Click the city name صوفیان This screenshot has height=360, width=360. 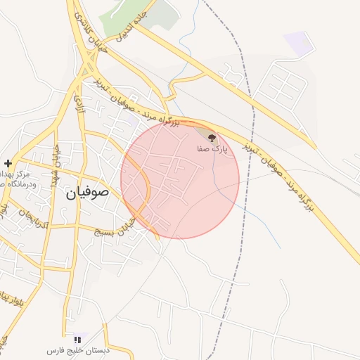tap(89, 191)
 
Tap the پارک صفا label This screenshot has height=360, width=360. tap(212, 150)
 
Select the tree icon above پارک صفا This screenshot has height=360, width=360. tap(212, 139)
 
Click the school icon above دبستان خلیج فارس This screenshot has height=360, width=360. tap(77, 339)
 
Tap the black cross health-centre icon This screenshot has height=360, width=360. tap(8, 162)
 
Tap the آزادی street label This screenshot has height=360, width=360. tap(78, 105)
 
